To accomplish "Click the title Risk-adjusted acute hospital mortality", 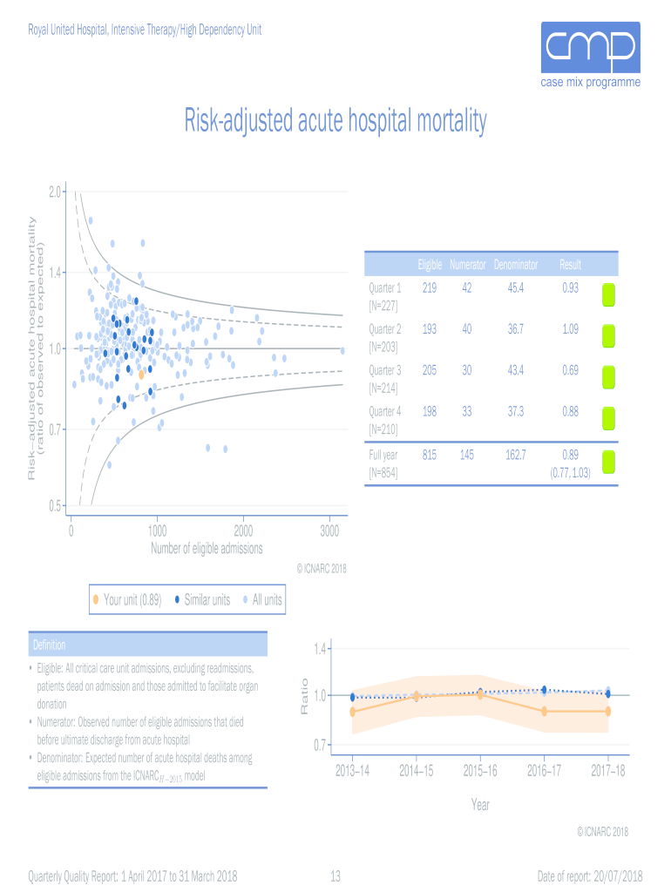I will tap(335, 121).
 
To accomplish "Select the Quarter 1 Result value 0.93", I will tap(570, 288).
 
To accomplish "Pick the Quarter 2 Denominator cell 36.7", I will tap(515, 329).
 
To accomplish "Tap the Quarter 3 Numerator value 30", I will tap(467, 370).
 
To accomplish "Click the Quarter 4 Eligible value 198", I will tap(429, 411).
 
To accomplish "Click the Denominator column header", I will tap(515, 265).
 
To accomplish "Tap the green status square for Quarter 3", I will tap(609, 377).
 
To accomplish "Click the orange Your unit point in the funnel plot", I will tap(141, 375).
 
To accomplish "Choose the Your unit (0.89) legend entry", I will tap(126, 599).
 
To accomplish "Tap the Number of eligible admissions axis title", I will tap(207, 549).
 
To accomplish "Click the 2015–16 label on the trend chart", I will tap(480, 771).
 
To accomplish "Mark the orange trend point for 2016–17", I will tap(544, 711).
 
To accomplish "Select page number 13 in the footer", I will tap(335, 875).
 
